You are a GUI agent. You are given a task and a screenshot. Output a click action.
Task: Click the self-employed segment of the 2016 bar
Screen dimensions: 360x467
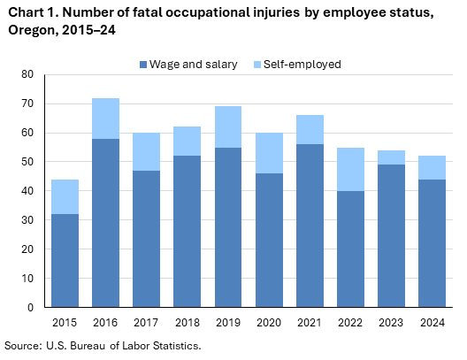click(x=104, y=119)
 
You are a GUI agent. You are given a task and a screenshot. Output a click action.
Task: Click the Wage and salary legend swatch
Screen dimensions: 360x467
click(x=143, y=65)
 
